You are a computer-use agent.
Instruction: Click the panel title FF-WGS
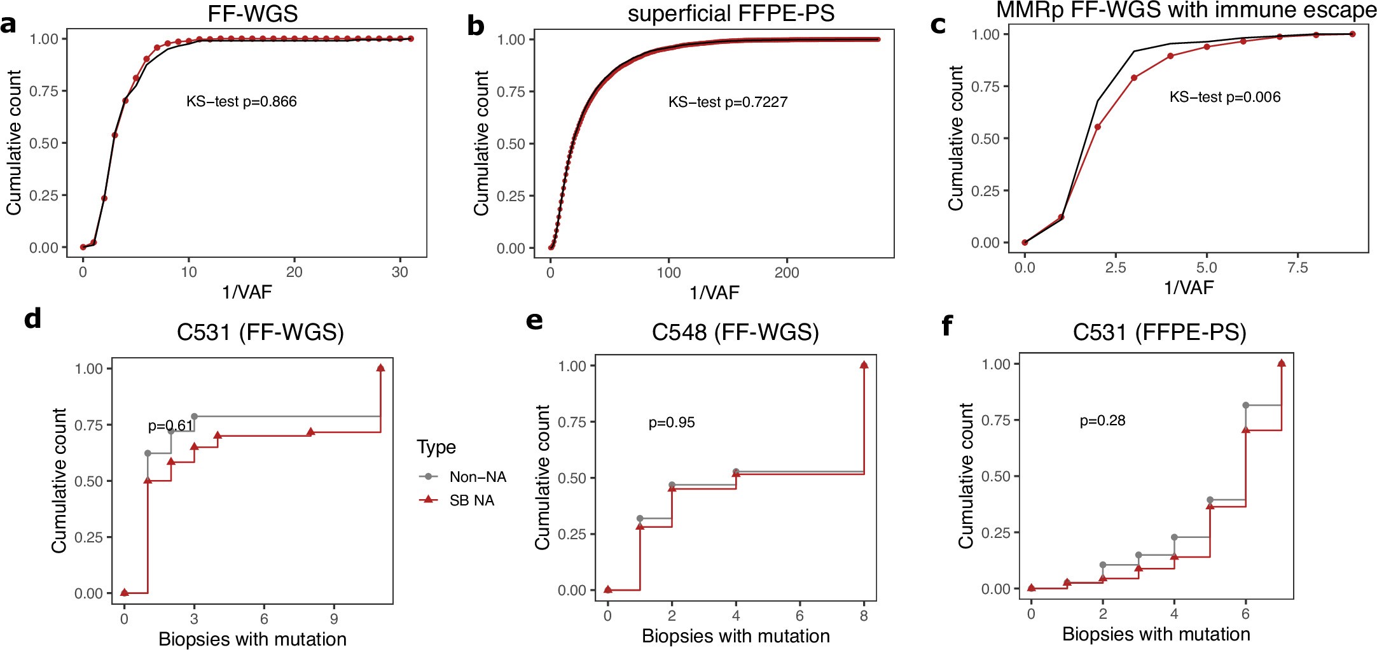[253, 14]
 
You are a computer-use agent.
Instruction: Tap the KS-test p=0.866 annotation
[241, 102]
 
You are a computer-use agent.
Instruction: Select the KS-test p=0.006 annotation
[1224, 97]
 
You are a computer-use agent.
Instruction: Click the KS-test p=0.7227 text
[728, 102]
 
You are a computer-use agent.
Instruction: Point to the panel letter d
[32, 318]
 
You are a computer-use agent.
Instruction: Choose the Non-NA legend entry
[477, 477]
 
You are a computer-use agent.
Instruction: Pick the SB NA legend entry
[471, 500]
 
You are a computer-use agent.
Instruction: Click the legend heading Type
[436, 447]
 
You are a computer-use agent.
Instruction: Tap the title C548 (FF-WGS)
[735, 332]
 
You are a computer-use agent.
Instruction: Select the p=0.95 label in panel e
[672, 423]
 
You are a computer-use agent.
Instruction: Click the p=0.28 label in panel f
[1102, 421]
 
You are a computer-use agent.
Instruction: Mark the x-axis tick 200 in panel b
[787, 272]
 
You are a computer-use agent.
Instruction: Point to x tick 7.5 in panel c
[1297, 267]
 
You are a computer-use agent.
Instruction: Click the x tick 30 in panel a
[399, 272]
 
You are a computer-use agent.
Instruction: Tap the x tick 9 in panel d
[334, 619]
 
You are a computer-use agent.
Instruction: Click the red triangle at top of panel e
[864, 365]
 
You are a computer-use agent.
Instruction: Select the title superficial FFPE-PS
[731, 14]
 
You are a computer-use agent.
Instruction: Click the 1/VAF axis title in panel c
[1188, 288]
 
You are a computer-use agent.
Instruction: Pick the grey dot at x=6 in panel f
[1245, 406]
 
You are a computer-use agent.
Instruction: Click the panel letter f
[947, 326]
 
